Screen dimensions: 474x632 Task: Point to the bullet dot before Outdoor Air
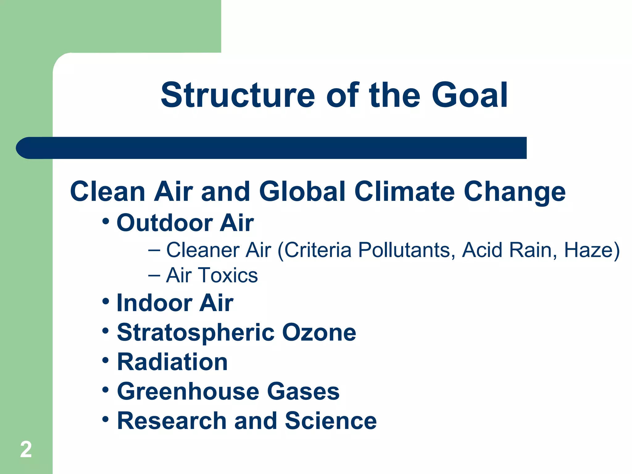coord(106,221)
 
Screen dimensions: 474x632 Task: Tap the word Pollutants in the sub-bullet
coord(406,250)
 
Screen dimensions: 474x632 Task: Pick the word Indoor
coord(154,303)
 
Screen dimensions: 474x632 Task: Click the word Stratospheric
coord(196,333)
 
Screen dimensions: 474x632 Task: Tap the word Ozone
coord(319,333)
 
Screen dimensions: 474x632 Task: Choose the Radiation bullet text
coord(172,362)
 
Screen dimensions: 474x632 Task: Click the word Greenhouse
coord(188,391)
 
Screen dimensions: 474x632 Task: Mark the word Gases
coord(303,391)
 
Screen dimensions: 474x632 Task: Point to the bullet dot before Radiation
coord(106,360)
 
